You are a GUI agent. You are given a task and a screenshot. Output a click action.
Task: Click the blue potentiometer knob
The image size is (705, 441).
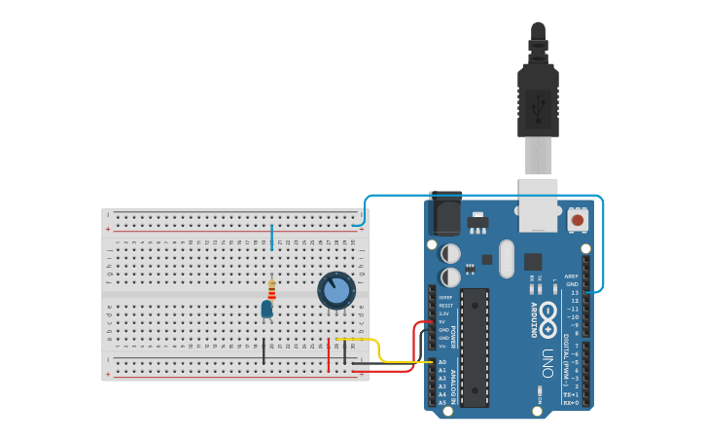(x=336, y=290)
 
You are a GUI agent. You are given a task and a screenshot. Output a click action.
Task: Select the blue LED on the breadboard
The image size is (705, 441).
(x=266, y=309)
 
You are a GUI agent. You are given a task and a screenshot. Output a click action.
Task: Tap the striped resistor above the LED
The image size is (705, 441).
(x=271, y=289)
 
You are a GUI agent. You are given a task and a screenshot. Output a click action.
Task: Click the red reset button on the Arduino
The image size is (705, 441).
(x=578, y=220)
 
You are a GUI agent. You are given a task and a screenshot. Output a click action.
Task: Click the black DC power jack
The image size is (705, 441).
(x=444, y=214)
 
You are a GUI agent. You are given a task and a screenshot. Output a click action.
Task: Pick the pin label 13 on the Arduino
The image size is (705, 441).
(x=574, y=292)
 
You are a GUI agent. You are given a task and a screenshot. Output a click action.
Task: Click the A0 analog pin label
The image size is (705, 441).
(x=442, y=362)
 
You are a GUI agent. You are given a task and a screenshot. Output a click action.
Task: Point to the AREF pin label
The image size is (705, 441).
(x=572, y=276)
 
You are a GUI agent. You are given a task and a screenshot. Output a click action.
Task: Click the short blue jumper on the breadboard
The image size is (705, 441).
(x=271, y=237)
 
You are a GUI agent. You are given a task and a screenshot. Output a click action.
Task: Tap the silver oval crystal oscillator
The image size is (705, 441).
(x=506, y=258)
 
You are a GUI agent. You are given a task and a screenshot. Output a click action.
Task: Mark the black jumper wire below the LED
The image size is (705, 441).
(x=263, y=351)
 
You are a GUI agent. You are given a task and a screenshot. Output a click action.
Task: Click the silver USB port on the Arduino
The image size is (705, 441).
(x=538, y=204)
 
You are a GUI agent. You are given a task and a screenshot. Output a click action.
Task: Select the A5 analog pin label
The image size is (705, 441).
(x=442, y=402)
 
